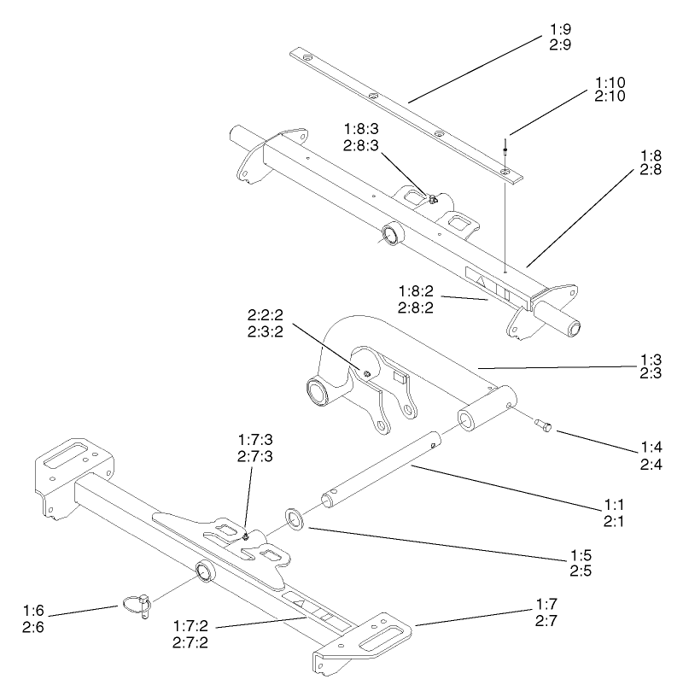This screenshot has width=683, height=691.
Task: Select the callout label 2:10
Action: pos(610,97)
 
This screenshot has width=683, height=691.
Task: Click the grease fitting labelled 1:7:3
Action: pos(246,536)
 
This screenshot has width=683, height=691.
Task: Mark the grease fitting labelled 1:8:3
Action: pos(434,200)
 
